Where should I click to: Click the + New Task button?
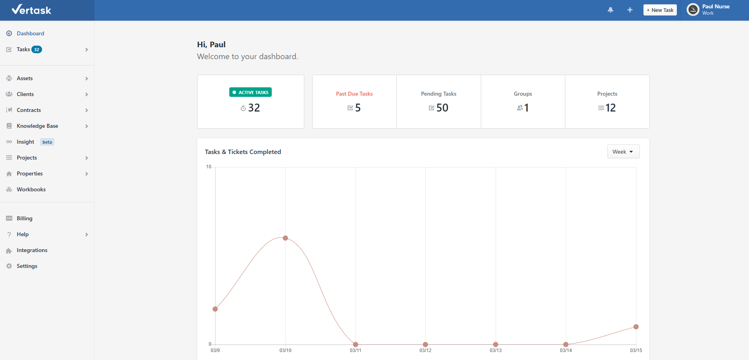(660, 10)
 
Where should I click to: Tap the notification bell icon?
(611, 10)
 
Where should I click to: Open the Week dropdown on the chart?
(623, 152)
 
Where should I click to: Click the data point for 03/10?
(285, 238)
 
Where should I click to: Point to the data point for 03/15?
(636, 327)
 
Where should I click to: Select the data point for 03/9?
(215, 309)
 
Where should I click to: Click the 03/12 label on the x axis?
(425, 350)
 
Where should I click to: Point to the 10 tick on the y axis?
(209, 167)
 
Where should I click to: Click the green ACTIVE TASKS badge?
(250, 92)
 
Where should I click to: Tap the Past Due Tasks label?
(354, 94)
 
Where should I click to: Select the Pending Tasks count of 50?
(442, 108)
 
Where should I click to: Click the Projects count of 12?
(610, 108)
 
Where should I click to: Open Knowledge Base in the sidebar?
(37, 126)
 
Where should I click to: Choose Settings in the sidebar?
(27, 266)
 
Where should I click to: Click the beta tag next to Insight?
(47, 142)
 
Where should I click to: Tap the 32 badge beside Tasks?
(36, 50)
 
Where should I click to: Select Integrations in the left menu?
(32, 250)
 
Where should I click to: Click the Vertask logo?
(32, 10)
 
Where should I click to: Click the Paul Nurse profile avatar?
(693, 10)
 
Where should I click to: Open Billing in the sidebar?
(25, 218)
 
